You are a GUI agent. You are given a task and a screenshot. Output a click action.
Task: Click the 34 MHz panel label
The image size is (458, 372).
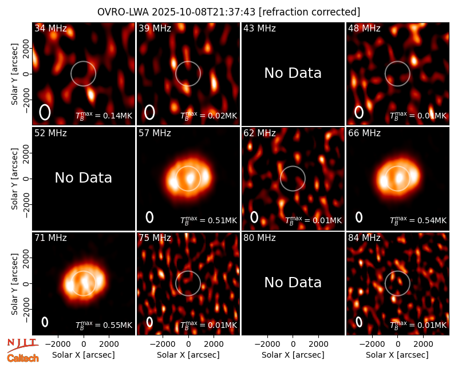pyautogui.click(x=50, y=28)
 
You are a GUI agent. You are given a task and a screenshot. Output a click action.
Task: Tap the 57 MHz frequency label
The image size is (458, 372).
pyautogui.click(x=155, y=133)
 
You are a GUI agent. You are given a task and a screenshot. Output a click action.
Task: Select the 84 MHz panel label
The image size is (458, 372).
pyautogui.click(x=364, y=238)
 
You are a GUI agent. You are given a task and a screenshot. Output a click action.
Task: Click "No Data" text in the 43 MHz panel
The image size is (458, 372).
pyautogui.click(x=293, y=73)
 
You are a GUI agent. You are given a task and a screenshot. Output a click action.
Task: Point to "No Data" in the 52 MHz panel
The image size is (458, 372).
pyautogui.click(x=84, y=178)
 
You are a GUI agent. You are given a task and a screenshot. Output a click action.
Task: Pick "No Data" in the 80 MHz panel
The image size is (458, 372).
pyautogui.click(x=293, y=283)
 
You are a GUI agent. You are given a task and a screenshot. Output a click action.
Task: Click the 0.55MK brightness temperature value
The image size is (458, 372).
pyautogui.click(x=104, y=325)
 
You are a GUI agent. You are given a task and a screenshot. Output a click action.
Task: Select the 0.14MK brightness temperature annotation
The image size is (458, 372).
pyautogui.click(x=104, y=116)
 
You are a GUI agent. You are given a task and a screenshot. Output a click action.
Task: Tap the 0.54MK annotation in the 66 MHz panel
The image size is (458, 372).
pyautogui.click(x=418, y=220)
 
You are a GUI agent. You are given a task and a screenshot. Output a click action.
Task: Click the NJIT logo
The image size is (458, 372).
pyautogui.click(x=22, y=345)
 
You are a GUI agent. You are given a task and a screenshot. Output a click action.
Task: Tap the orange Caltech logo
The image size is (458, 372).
pyautogui.click(x=23, y=358)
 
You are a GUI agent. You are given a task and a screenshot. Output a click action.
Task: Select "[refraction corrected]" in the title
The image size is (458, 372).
pyautogui.click(x=309, y=12)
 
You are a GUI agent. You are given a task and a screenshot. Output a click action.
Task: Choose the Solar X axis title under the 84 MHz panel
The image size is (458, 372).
pyautogui.click(x=397, y=355)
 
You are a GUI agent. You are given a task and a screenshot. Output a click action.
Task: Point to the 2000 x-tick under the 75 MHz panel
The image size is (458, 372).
pyautogui.click(x=214, y=345)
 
